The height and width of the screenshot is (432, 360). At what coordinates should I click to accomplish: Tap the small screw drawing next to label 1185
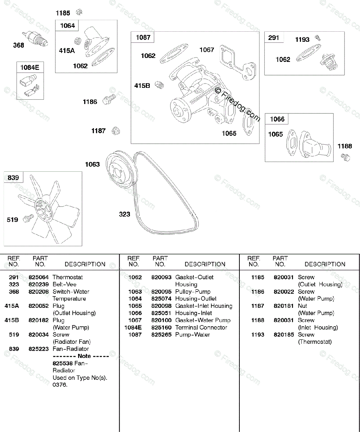tap(80, 13)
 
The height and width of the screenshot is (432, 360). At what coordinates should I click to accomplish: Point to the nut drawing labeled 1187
tap(116, 131)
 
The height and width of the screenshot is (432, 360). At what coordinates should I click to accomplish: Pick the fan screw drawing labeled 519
tap(28, 218)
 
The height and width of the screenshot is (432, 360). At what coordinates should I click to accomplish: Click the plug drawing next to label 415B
tap(159, 85)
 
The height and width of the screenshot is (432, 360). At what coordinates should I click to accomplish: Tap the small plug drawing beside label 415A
tap(77, 41)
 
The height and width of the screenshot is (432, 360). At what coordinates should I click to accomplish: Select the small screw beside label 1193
tap(318, 37)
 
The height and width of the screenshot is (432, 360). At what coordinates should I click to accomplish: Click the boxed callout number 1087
tap(143, 37)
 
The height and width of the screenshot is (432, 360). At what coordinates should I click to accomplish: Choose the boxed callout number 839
tap(13, 177)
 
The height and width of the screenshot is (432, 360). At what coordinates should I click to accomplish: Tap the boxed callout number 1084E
tap(30, 67)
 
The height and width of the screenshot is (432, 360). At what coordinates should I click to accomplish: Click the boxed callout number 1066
tap(277, 119)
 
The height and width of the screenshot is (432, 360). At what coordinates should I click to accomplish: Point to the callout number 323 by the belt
tap(125, 214)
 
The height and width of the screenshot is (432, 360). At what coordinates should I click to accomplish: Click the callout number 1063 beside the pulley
tap(92, 165)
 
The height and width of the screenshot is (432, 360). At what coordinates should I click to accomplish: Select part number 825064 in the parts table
tap(38, 277)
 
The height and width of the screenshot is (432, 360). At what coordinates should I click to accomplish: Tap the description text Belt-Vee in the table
tap(64, 284)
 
